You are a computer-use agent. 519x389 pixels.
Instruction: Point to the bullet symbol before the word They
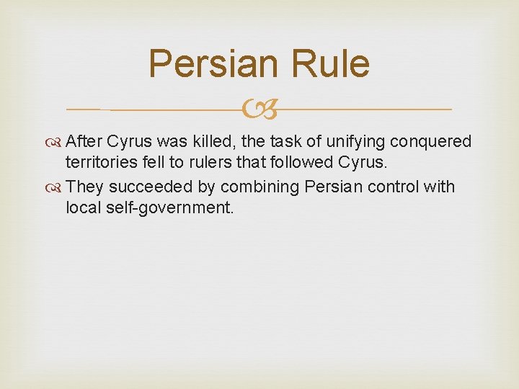[x=56, y=187]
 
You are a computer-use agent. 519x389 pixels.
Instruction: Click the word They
[x=85, y=187]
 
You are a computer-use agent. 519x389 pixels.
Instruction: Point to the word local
[x=81, y=209]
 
